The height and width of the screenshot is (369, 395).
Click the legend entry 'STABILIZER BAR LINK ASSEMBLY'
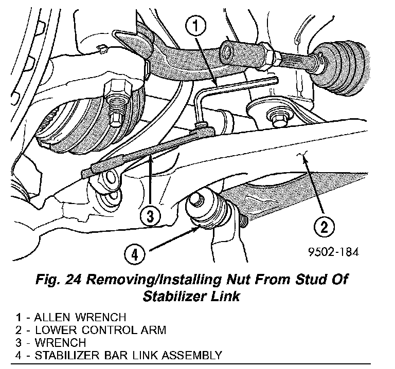point(129,355)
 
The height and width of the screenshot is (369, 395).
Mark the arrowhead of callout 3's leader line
point(150,160)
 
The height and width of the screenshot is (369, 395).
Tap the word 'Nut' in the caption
point(237,281)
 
